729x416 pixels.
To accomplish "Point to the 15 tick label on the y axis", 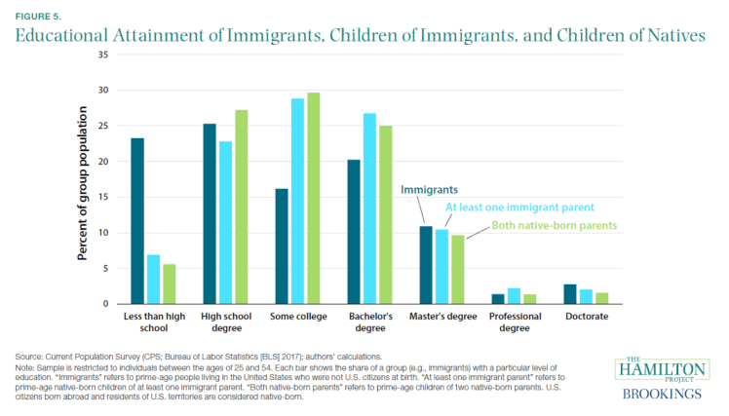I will click(x=101, y=197).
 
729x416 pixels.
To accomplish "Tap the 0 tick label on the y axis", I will click(x=104, y=304).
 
